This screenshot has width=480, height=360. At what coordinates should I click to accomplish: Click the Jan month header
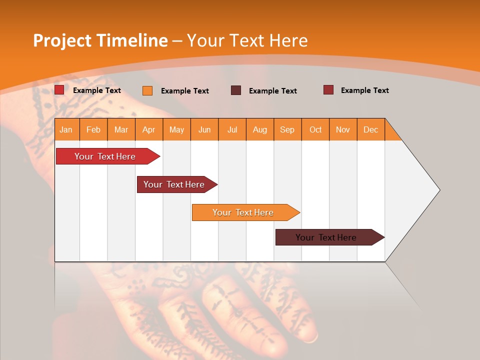click(66, 129)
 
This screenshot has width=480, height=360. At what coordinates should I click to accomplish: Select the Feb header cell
click(93, 129)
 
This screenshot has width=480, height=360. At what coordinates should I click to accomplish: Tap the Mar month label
click(121, 129)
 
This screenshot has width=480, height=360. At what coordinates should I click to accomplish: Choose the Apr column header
click(149, 129)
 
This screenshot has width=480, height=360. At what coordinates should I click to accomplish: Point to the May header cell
click(176, 129)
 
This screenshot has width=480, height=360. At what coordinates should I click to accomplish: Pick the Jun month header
click(204, 129)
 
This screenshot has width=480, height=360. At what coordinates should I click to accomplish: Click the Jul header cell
click(232, 129)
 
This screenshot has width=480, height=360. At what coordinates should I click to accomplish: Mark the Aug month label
click(260, 129)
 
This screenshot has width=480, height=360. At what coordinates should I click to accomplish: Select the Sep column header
click(287, 129)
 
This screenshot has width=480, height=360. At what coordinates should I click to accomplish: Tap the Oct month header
click(315, 129)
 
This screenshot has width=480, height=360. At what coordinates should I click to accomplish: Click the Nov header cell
click(343, 129)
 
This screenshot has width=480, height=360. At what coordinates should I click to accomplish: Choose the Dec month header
click(371, 129)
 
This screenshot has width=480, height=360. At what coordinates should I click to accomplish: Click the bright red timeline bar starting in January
click(105, 156)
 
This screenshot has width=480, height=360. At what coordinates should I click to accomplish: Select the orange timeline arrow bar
click(243, 212)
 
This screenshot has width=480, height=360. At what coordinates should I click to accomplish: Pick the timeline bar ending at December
click(326, 237)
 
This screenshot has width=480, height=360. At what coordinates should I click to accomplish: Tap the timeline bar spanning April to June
click(174, 184)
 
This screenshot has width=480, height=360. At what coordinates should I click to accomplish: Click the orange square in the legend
click(147, 90)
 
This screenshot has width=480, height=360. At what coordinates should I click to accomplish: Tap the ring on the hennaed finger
click(310, 338)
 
